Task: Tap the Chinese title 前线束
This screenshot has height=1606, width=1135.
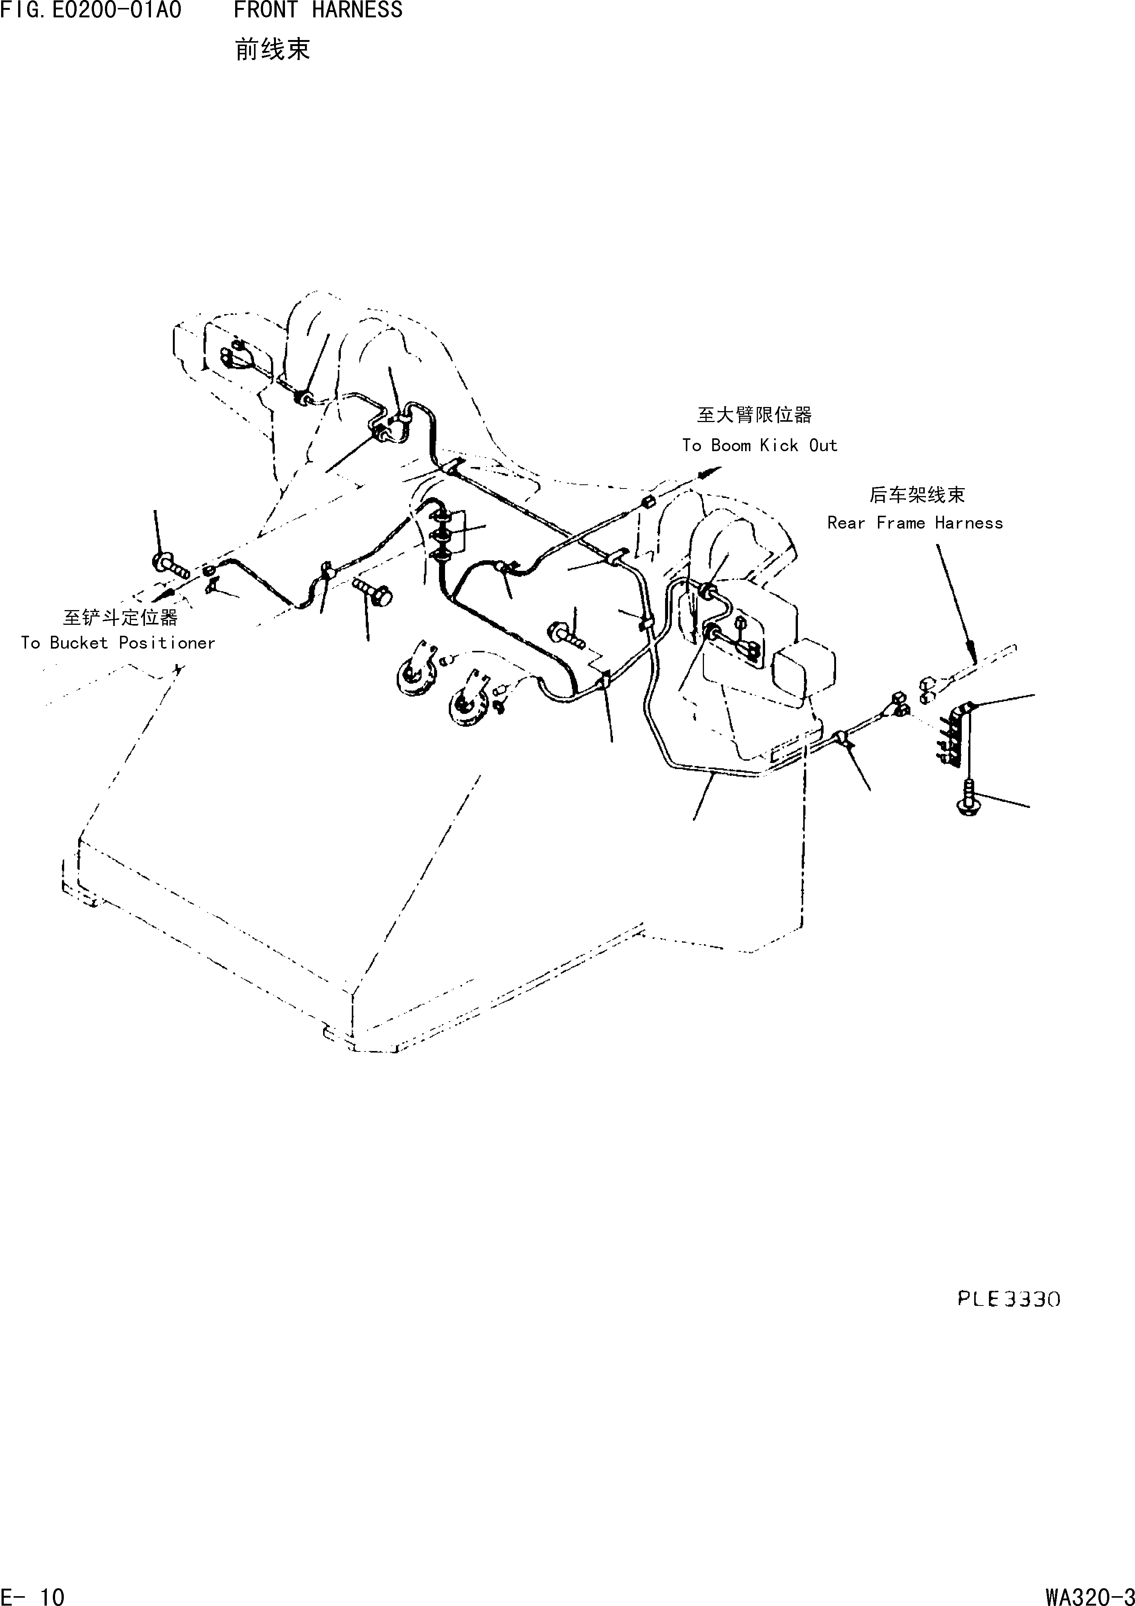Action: [272, 50]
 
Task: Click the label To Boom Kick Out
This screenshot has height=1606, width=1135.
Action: [759, 445]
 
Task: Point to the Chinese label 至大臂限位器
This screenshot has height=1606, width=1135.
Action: [754, 416]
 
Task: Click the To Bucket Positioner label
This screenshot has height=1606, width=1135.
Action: [117, 643]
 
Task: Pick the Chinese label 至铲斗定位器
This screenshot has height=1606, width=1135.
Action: [120, 617]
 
